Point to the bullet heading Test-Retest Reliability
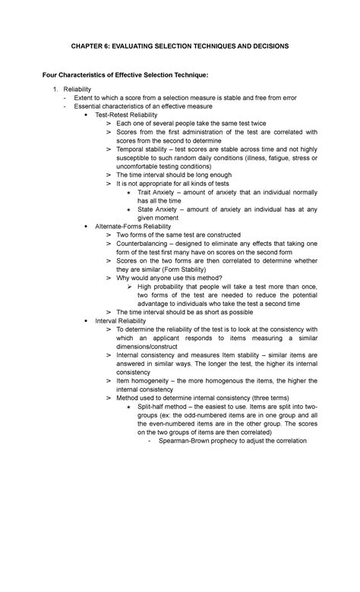point(127,115)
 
